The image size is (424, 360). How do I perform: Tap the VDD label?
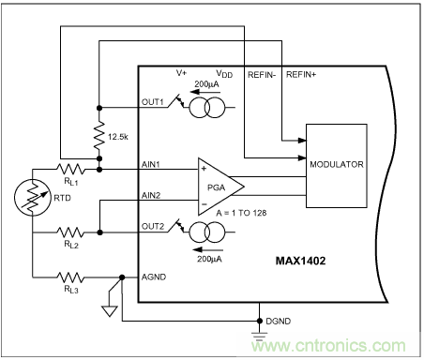(223, 73)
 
